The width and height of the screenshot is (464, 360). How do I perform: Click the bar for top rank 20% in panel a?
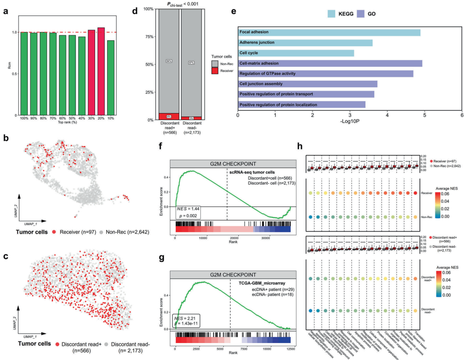(100, 72)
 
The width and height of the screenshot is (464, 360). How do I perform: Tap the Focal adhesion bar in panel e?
(329, 33)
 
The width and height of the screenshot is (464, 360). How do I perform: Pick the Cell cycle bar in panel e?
(296, 53)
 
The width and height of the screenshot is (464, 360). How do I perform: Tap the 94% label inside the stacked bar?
(168, 61)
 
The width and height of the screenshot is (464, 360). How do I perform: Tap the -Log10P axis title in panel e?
(350, 123)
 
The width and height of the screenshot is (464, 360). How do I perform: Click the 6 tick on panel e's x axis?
(462, 116)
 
